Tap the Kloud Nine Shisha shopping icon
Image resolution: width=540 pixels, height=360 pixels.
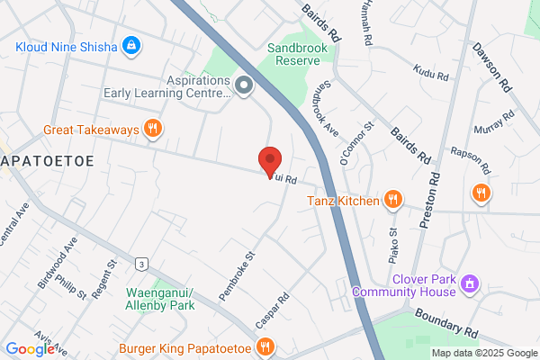[132, 44]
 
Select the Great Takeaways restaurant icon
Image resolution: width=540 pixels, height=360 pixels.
[154, 130]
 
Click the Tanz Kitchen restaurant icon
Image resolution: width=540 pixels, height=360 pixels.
[392, 200]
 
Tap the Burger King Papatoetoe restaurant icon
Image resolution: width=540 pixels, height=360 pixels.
[265, 346]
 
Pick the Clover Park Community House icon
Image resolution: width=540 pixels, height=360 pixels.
[468, 284]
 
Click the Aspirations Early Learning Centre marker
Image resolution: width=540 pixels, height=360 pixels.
[244, 85]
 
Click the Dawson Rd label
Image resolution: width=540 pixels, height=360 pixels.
[494, 69]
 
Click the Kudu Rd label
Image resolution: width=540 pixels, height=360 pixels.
[429, 70]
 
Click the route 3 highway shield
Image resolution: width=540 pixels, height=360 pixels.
[141, 264]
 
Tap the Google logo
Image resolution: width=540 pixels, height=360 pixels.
[30, 349]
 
